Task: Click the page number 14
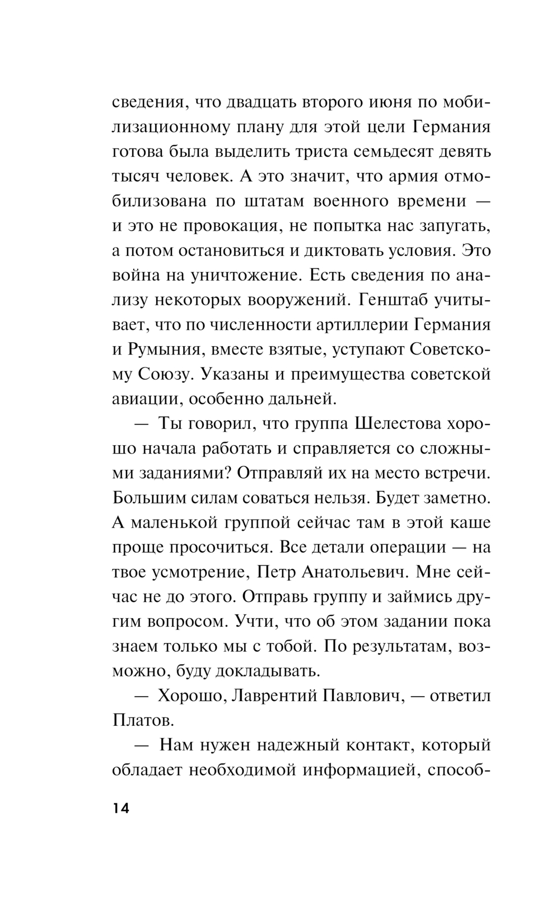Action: (121, 809)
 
